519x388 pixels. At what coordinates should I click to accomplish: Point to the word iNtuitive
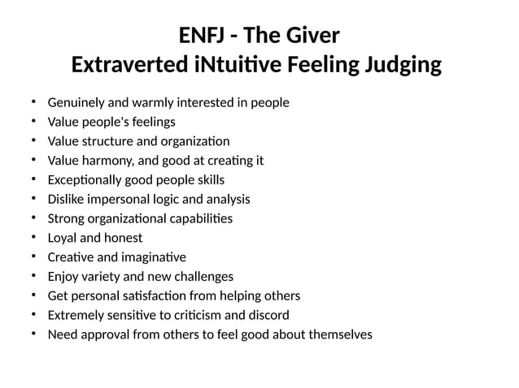[x=237, y=64]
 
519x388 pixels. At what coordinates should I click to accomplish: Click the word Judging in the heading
[x=400, y=64]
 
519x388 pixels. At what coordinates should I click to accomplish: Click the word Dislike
[x=68, y=199]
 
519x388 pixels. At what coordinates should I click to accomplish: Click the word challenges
[x=203, y=276]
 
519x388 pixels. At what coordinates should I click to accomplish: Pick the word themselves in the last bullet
[x=339, y=334]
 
